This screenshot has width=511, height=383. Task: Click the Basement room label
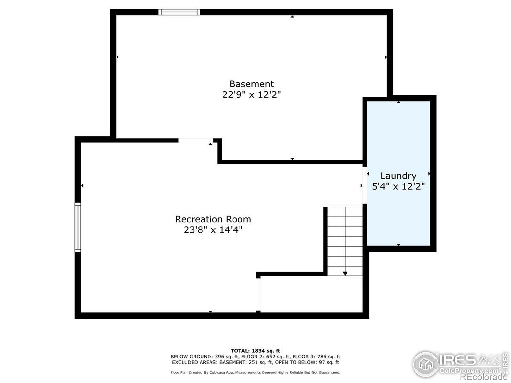coord(251,84)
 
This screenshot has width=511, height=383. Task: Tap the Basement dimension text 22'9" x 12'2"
coord(251,95)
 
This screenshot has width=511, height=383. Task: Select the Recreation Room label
coord(213,219)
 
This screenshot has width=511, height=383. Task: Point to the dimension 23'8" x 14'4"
coord(213,230)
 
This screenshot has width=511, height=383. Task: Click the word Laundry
coord(398,176)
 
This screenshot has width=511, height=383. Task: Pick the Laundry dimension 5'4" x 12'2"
coord(398,186)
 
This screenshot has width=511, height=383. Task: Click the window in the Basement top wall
coord(179,12)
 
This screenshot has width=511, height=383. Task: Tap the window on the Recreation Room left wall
coord(78,227)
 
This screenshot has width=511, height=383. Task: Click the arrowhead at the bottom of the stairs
coord(345,273)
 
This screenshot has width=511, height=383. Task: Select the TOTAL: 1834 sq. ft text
coord(256,351)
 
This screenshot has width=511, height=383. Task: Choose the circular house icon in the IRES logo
coord(425,364)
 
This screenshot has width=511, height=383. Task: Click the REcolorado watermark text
coord(484,377)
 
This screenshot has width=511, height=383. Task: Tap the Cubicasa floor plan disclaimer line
coord(256,372)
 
